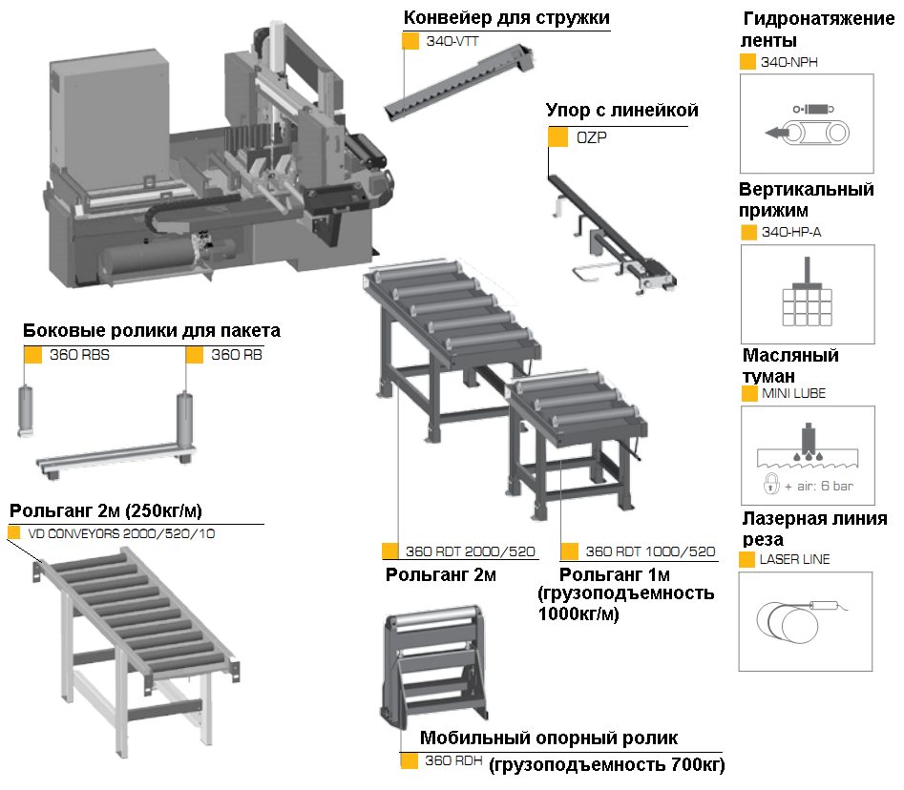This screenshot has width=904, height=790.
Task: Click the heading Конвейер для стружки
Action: coord(506,18)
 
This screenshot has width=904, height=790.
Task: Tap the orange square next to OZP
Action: coord(557,137)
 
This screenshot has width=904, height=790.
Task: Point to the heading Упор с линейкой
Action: coord(621,111)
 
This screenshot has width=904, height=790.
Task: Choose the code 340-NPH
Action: coord(789,62)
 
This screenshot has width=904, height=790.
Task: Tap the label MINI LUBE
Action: coord(793,393)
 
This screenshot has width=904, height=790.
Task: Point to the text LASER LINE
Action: coord(794,559)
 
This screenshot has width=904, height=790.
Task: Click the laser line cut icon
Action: coord(807,621)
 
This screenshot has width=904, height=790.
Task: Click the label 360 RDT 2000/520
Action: coord(470,551)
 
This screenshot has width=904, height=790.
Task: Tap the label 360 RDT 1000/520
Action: coord(649,551)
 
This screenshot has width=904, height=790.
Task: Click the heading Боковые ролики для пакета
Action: coord(152,331)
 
